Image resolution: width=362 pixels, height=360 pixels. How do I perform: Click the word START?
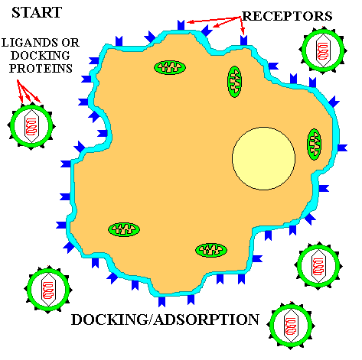[x=37, y=12]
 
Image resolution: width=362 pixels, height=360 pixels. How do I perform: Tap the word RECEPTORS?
[x=287, y=16]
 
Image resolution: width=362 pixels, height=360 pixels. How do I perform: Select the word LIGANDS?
[x=30, y=43]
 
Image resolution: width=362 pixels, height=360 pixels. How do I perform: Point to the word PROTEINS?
[x=41, y=68]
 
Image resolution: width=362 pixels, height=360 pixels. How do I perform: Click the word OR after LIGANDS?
[x=70, y=43]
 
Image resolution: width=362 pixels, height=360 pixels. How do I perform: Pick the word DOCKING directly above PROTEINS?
[x=41, y=55]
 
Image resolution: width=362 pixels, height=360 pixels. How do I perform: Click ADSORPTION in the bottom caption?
[x=207, y=319]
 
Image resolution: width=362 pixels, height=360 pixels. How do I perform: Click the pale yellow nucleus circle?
[x=264, y=158]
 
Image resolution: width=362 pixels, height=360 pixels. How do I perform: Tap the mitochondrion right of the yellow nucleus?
[x=314, y=144]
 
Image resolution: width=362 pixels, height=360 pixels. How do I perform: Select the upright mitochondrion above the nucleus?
[x=234, y=82]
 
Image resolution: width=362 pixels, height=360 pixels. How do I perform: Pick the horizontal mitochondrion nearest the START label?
[x=170, y=67]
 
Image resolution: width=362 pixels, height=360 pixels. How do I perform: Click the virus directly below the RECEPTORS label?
[x=323, y=50]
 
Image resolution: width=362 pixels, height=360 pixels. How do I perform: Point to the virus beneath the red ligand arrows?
[x=31, y=126]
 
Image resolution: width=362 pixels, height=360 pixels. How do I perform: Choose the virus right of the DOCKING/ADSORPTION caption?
[x=291, y=326]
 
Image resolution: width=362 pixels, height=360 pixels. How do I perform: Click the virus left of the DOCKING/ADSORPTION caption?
[x=48, y=290]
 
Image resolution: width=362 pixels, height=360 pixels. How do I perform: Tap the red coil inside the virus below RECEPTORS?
[x=323, y=51]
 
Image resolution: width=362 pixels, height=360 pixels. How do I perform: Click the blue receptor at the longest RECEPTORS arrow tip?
[x=181, y=25]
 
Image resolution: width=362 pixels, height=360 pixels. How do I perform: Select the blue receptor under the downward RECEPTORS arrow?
[x=243, y=41]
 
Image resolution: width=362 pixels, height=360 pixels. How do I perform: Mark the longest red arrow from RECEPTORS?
[x=214, y=20]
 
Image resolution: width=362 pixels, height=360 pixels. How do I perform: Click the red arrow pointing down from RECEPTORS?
[x=243, y=26]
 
